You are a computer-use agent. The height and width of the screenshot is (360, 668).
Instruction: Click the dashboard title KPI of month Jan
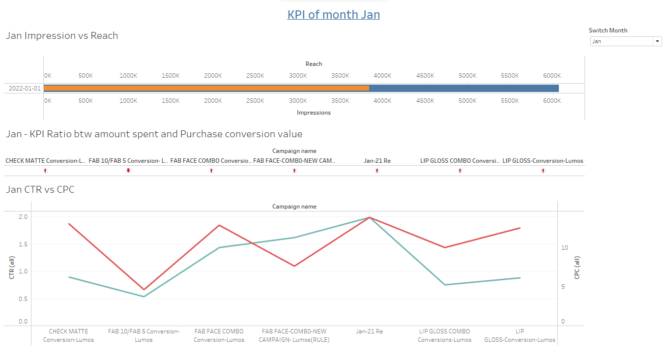[333, 15]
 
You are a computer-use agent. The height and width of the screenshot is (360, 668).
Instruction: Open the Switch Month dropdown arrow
[657, 42]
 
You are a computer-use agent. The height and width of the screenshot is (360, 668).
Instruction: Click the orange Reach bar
[206, 88]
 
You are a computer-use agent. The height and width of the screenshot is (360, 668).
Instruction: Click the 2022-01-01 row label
[25, 89]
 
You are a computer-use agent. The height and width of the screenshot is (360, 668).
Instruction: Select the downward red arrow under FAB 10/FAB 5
[128, 171]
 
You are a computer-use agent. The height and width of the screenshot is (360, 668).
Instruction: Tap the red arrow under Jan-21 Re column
[377, 171]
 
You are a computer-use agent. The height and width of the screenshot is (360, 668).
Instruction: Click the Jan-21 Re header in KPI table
[377, 161]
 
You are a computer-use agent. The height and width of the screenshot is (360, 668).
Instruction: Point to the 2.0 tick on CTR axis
[23, 217]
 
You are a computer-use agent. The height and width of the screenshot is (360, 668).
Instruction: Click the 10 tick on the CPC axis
[564, 248]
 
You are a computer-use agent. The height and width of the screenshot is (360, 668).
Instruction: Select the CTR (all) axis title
[12, 268]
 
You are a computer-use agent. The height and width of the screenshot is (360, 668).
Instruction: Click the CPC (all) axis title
[577, 268]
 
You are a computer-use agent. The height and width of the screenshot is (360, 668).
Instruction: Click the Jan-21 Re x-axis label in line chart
[369, 331]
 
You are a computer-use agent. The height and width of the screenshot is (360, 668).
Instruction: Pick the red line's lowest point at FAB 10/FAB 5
[144, 290]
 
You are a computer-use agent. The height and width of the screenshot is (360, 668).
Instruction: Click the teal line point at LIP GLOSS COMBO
[445, 285]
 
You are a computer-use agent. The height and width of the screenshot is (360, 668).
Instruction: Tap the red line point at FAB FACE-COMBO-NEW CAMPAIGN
[294, 266]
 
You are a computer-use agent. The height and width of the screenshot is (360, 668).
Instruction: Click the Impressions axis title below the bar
[314, 113]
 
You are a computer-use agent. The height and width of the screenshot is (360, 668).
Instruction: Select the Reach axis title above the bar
[314, 64]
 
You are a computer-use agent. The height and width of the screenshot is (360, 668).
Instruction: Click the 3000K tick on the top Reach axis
[298, 76]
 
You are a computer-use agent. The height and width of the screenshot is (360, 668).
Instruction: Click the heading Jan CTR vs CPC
[40, 189]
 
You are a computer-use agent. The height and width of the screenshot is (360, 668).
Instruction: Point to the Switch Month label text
[608, 30]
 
